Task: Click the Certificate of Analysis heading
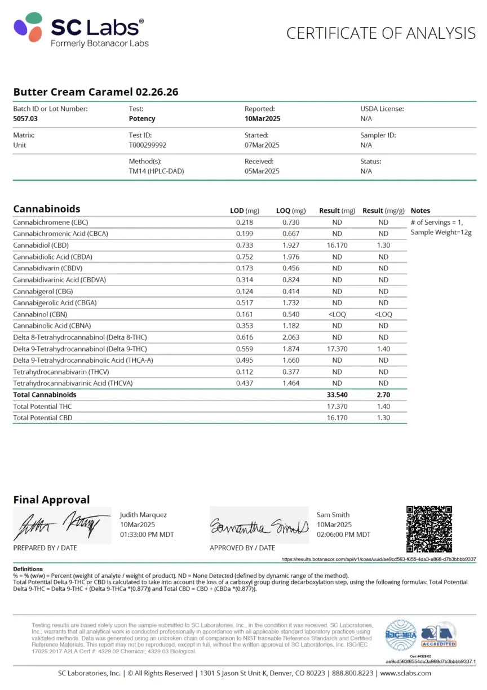point(381,33)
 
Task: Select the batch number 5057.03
point(26,119)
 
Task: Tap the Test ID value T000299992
point(148,145)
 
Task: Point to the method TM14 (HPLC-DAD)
point(156,171)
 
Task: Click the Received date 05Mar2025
point(262,171)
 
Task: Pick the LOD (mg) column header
point(245,211)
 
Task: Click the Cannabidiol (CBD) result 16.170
point(337,246)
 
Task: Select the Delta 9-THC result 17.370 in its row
point(337,349)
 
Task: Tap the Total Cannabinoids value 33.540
point(337,395)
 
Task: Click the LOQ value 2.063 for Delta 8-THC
point(291,337)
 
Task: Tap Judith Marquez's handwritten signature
point(61,526)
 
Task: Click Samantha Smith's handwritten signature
point(259,526)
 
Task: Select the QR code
point(429,529)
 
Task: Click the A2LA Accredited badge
point(439,635)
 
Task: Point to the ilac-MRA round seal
point(401,635)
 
